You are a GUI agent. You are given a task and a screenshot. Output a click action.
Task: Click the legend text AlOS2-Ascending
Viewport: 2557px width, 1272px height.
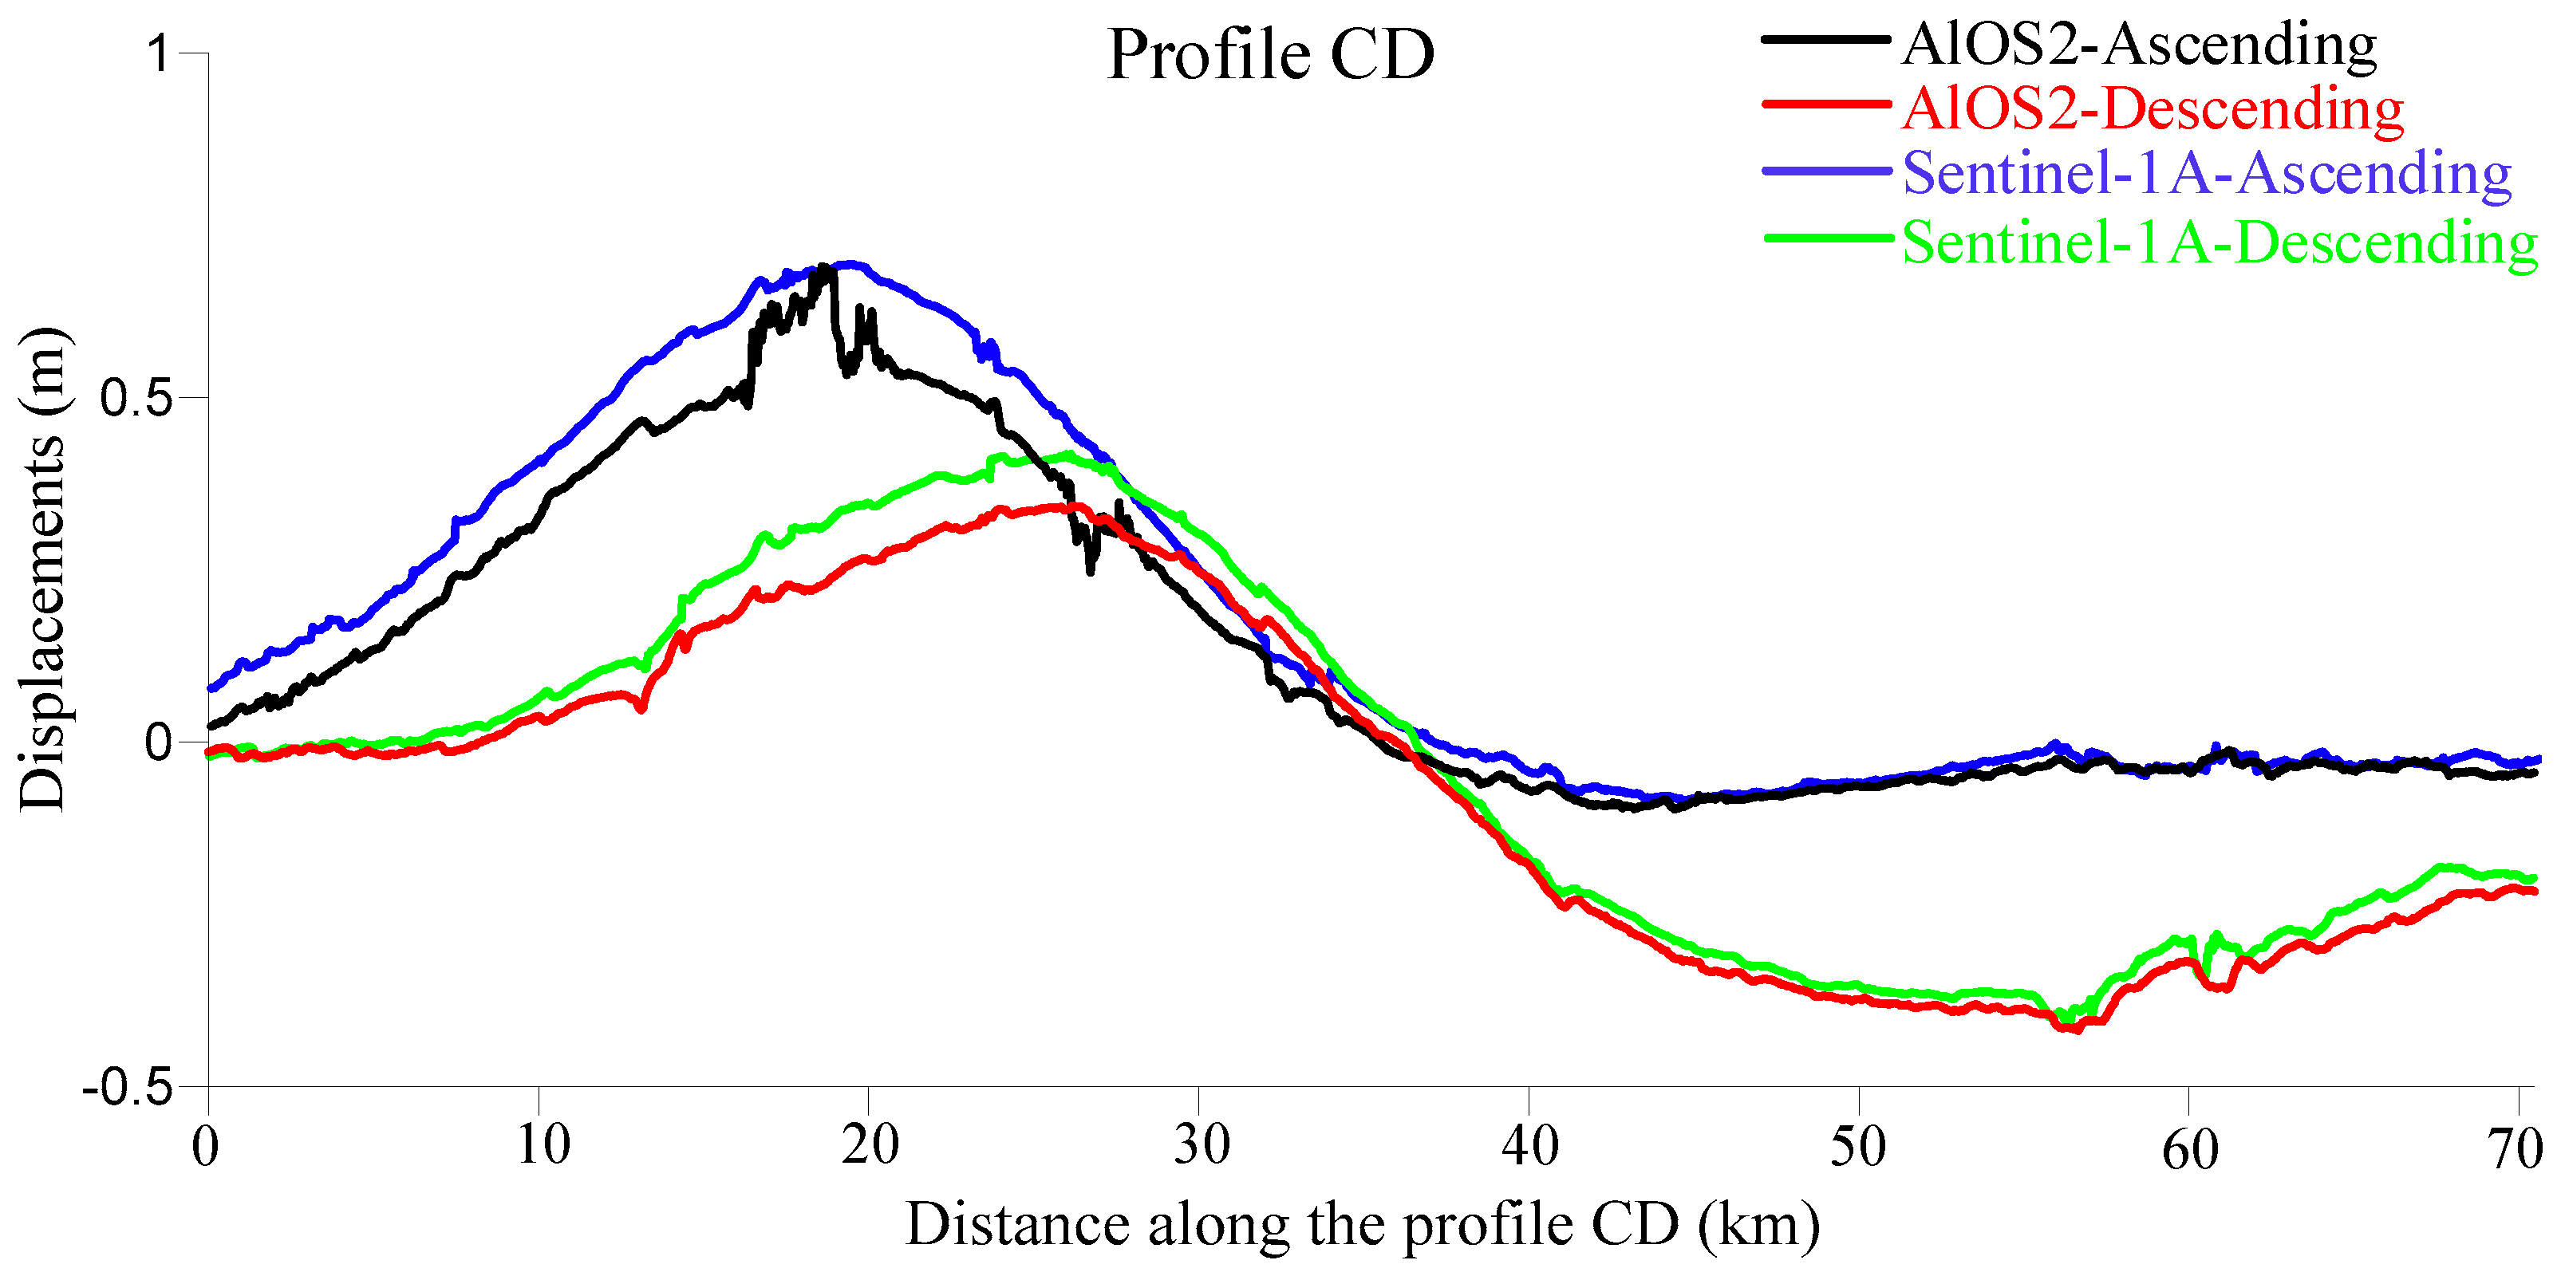click(x=2138, y=44)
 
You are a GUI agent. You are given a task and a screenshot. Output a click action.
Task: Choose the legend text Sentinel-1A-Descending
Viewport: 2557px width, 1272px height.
click(x=2219, y=241)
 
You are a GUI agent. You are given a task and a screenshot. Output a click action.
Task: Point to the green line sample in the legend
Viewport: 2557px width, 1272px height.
click(x=1826, y=238)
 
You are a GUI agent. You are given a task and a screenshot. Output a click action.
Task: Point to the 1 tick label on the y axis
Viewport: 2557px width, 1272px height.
click(x=160, y=53)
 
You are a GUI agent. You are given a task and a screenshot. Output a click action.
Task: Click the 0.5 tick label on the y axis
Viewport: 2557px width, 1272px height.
click(x=138, y=398)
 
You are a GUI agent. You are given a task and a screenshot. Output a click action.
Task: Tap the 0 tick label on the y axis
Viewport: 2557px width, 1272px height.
click(x=159, y=742)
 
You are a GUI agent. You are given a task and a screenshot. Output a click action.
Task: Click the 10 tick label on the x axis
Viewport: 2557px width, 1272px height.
click(x=542, y=1146)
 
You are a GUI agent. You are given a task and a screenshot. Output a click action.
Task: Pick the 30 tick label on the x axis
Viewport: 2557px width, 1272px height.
click(x=1201, y=1146)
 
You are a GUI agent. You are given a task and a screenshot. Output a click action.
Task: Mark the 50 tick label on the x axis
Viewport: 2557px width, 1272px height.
click(x=1857, y=1146)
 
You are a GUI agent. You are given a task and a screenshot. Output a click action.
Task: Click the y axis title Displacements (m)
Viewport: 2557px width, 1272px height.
click(x=41, y=569)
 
